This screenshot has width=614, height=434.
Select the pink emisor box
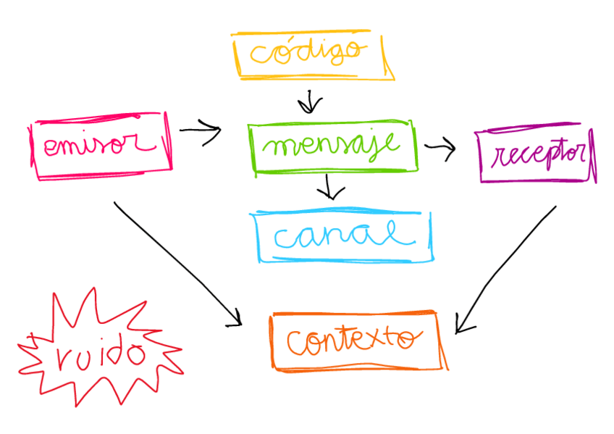(x=101, y=146)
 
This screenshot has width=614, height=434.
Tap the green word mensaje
(x=332, y=145)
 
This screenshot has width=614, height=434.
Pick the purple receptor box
(x=537, y=155)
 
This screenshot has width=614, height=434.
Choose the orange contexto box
(x=356, y=341)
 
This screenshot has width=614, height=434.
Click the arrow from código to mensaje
(x=310, y=101)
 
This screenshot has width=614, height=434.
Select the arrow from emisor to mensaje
(x=200, y=131)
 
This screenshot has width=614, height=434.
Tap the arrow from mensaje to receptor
(x=440, y=149)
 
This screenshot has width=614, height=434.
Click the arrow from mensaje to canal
(x=331, y=187)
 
